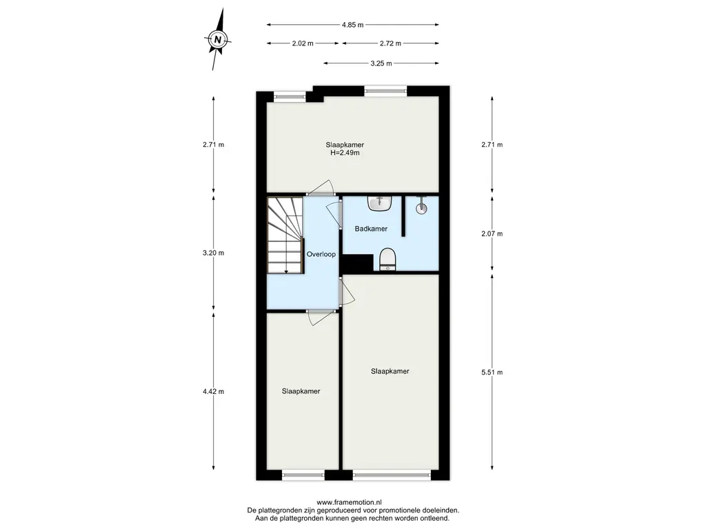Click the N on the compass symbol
218,39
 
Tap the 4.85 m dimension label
352,25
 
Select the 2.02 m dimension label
303,43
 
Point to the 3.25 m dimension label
381,63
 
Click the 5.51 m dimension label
492,372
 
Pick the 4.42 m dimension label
214,391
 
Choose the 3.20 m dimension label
214,253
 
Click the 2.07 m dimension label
492,234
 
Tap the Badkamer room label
371,229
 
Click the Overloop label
321,254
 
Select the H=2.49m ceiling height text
345,152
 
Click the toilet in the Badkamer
387,260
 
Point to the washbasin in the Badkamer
381,203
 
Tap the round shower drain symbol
421,208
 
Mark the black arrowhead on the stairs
285,271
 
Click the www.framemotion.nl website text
350,502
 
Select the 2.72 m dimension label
390,43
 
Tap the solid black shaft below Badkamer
359,263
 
